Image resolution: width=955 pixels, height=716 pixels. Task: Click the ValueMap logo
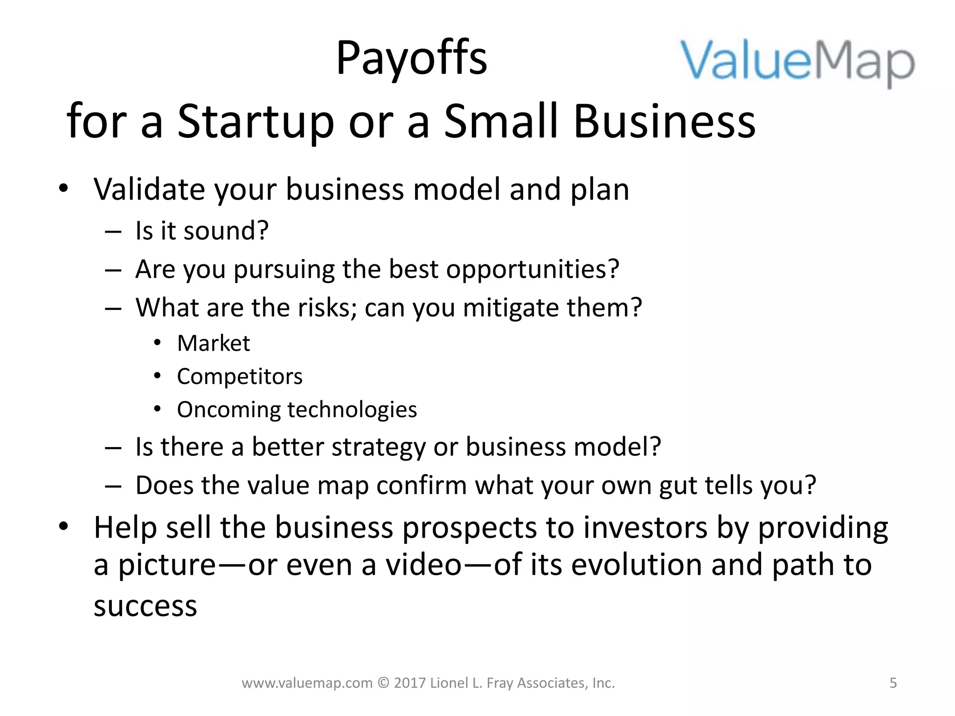[x=797, y=63]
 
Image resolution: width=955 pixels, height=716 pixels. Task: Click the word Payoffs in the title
[x=411, y=58]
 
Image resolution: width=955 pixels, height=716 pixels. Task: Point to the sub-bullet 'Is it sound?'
[x=202, y=231]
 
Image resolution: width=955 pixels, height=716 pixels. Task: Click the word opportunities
[x=532, y=269]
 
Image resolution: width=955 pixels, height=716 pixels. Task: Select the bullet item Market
[x=214, y=344]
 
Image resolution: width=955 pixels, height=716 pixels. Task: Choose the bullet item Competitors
[x=240, y=377]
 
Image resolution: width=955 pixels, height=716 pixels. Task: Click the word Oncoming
[x=228, y=410]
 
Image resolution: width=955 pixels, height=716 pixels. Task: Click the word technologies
[x=352, y=410]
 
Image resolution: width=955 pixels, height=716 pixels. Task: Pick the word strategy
[x=379, y=447]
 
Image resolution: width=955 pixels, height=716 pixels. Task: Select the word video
[x=423, y=565]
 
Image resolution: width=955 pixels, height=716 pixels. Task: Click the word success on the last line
[x=145, y=606]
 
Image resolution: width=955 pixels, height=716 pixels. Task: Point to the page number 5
[x=893, y=683]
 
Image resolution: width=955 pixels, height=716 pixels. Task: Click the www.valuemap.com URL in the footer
[x=307, y=683]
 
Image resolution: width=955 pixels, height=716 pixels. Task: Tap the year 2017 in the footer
[x=409, y=683]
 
